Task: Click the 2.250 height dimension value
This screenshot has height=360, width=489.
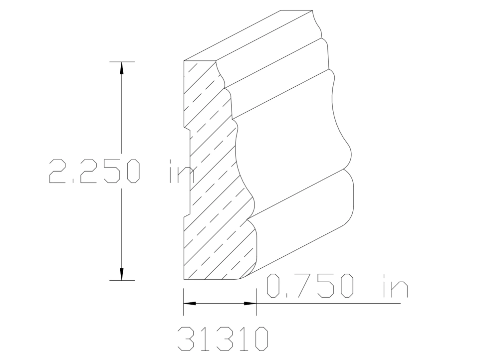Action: point(94,171)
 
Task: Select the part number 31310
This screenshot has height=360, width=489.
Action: point(223,339)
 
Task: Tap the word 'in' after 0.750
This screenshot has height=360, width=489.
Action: point(394,287)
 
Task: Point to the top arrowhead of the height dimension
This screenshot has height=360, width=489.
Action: point(121,68)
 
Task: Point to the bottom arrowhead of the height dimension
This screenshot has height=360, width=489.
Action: point(121,274)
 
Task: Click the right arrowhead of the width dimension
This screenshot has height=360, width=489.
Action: point(250,303)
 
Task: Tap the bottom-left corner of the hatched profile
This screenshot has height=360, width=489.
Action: point(184,280)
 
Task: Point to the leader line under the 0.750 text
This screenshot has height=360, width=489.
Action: point(329,303)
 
